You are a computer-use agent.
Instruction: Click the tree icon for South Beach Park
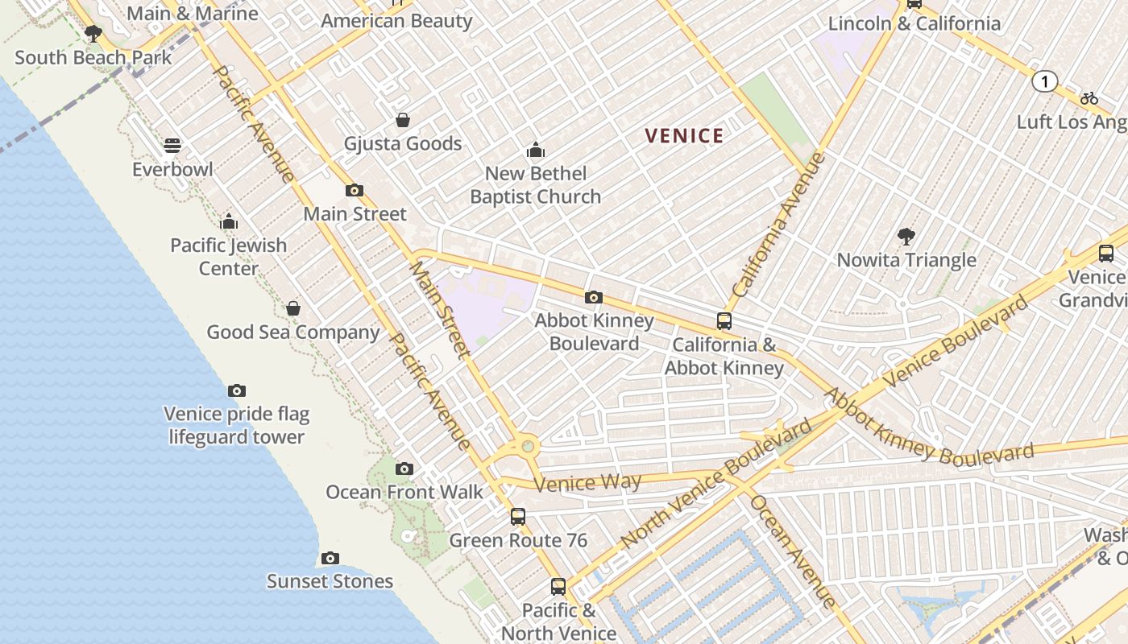click(93, 34)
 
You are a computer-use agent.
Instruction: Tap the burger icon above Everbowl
click(172, 146)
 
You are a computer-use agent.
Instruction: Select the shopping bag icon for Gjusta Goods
click(403, 120)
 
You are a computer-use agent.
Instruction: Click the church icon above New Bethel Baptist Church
click(536, 150)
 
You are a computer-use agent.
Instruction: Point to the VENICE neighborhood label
click(684, 136)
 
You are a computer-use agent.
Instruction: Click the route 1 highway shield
click(1044, 81)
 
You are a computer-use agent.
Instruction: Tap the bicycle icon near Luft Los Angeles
click(1089, 98)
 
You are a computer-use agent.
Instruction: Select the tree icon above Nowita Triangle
click(906, 237)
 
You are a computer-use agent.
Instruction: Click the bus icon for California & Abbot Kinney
click(724, 321)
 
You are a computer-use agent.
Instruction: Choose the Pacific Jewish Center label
click(229, 257)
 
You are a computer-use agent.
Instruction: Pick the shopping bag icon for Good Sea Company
click(293, 308)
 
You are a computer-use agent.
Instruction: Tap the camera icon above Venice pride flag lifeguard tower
click(237, 390)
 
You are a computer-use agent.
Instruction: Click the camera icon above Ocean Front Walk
click(404, 469)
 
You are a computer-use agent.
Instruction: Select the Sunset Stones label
click(330, 581)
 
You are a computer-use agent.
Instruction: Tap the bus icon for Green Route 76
click(518, 517)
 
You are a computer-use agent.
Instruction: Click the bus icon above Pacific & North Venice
click(558, 586)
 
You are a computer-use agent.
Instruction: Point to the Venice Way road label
click(587, 483)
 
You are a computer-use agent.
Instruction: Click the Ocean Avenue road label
click(793, 551)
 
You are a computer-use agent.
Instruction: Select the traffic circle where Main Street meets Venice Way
click(528, 444)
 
